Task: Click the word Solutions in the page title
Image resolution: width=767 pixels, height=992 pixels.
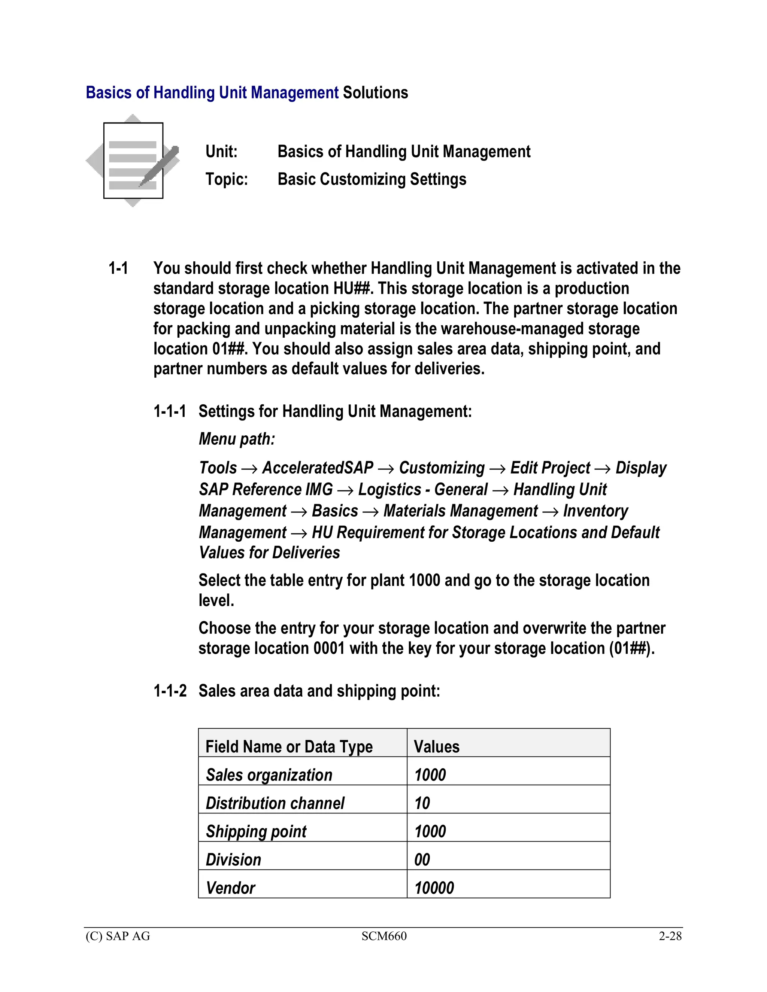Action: [375, 93]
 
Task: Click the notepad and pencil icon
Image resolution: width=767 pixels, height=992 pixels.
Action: [133, 160]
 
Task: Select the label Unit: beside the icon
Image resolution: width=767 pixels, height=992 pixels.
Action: [221, 152]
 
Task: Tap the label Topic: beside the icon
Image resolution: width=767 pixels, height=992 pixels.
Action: [226, 179]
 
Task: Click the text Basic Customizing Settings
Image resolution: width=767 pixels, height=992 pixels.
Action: [372, 179]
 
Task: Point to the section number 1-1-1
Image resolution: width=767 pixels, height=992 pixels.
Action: [170, 411]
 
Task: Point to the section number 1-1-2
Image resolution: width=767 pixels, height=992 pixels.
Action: [170, 691]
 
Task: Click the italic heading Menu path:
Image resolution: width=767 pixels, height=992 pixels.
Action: [237, 439]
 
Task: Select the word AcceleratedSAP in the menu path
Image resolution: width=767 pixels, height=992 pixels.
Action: [318, 468]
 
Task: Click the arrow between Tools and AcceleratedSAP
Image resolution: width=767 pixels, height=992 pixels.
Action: [249, 469]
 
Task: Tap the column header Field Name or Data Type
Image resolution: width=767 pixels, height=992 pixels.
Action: [289, 747]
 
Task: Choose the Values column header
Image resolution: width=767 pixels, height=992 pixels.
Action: [436, 747]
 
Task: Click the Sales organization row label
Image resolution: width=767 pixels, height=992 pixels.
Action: [269, 775]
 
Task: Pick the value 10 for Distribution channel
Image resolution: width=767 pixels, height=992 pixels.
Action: [422, 803]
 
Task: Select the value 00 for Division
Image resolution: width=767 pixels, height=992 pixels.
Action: [422, 860]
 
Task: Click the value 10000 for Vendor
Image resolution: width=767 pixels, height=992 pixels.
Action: [434, 888]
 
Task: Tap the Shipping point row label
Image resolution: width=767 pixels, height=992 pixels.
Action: [256, 832]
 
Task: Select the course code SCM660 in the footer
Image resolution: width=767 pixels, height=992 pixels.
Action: [384, 936]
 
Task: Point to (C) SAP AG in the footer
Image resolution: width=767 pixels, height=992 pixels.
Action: [118, 936]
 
